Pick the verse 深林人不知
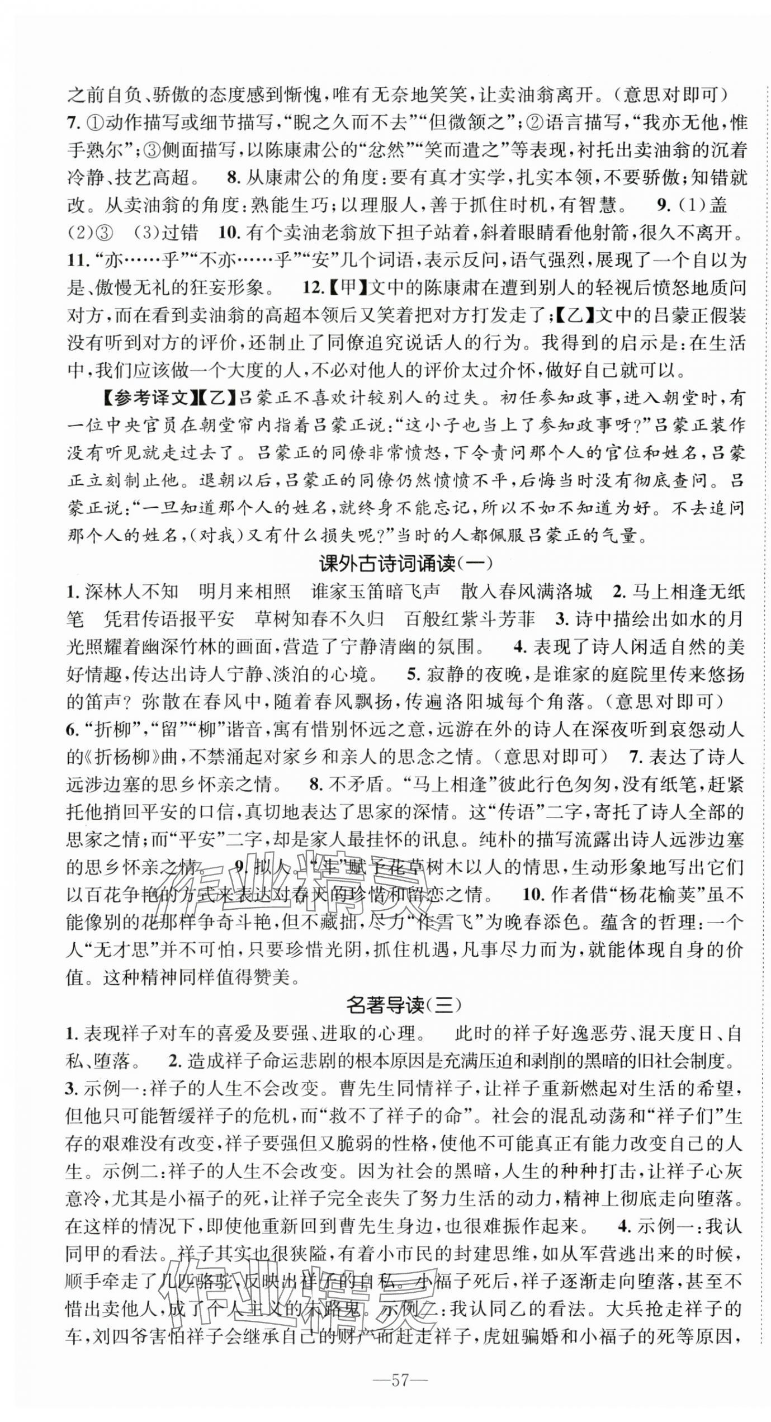pos(131,590)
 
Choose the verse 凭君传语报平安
pos(169,618)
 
